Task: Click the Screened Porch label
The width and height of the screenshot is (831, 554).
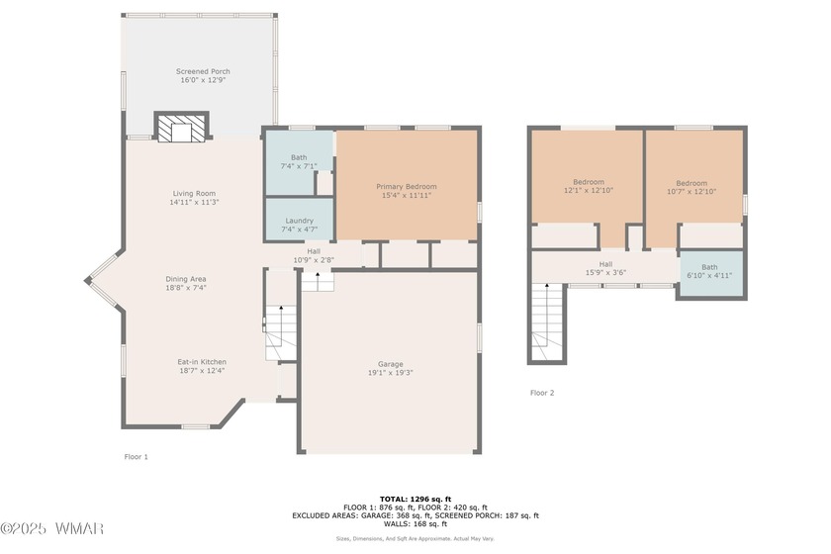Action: click(x=203, y=71)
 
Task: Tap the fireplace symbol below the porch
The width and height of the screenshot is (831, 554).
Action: click(x=181, y=128)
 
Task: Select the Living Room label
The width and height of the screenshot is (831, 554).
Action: click(x=194, y=194)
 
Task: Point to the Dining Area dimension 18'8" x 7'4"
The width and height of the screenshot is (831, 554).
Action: click(x=186, y=288)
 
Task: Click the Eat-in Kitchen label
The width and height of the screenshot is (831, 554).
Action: click(x=202, y=362)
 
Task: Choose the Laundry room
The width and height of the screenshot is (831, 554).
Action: click(x=300, y=220)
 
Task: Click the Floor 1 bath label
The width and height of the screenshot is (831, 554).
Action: click(x=299, y=157)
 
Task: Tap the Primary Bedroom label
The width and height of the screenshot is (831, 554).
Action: click(x=407, y=187)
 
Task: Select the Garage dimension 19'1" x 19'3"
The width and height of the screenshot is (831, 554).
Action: click(x=391, y=373)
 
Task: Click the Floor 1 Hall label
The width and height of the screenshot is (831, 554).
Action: click(x=314, y=251)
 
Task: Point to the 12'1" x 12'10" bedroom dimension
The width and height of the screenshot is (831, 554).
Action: click(x=589, y=190)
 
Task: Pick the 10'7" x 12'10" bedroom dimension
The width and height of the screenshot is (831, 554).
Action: click(x=692, y=191)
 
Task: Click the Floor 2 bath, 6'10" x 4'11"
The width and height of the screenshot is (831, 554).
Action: click(x=711, y=273)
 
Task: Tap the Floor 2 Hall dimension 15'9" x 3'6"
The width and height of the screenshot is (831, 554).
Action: click(x=605, y=273)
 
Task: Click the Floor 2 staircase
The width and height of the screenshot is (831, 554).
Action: click(x=547, y=322)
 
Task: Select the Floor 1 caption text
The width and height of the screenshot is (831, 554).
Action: click(x=137, y=456)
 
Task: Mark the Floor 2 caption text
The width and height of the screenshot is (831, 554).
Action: click(x=542, y=393)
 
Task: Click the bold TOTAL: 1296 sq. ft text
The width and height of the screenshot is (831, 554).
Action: click(x=415, y=499)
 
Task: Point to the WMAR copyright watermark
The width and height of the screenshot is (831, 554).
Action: click(x=51, y=528)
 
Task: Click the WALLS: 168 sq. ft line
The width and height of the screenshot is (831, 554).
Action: click(x=415, y=523)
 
